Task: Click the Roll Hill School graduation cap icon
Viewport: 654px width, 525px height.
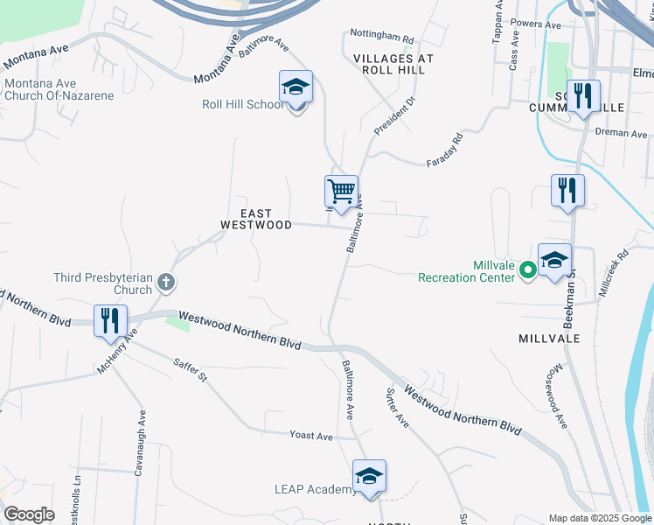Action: tap(296, 87)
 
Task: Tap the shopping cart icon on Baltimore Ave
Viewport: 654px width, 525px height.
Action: tap(340, 191)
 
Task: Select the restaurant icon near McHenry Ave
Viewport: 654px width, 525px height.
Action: tap(110, 320)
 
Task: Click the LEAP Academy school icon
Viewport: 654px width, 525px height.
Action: tap(369, 477)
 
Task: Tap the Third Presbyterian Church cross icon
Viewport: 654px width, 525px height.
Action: tap(166, 283)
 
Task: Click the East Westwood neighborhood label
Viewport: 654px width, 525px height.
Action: tap(255, 219)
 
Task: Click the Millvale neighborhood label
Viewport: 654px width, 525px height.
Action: tap(549, 338)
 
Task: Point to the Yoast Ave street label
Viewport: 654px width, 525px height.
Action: tap(312, 436)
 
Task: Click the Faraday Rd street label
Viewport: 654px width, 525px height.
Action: tap(443, 150)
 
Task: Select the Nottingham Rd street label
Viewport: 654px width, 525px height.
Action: tap(381, 38)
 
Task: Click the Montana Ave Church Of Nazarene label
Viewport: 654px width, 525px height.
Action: tap(59, 89)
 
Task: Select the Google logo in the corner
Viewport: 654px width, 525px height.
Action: tap(29, 514)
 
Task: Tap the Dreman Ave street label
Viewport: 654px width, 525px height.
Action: tap(621, 134)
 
